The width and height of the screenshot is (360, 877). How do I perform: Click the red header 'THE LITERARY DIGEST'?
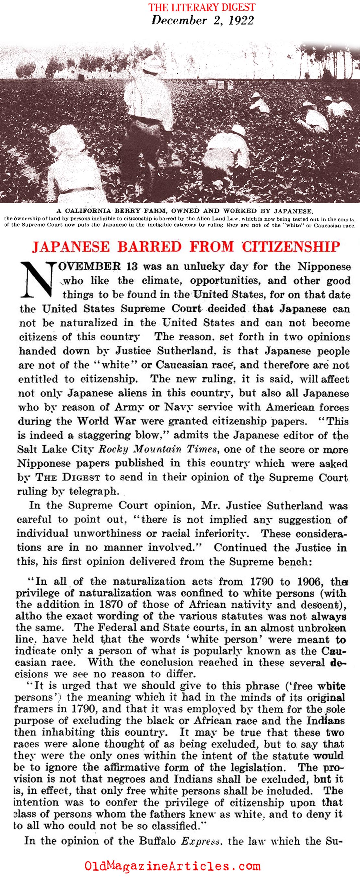click(x=203, y=7)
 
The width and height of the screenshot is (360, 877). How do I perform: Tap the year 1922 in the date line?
click(x=241, y=20)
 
